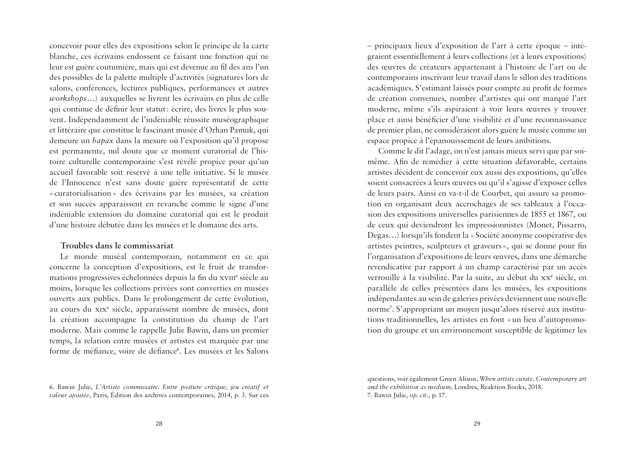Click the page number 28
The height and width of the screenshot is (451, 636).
[159, 423]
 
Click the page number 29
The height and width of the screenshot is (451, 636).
[477, 423]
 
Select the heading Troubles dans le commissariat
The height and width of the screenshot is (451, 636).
[117, 246]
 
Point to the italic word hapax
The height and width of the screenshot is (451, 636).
[103, 141]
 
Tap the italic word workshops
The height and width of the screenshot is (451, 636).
[68, 99]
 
